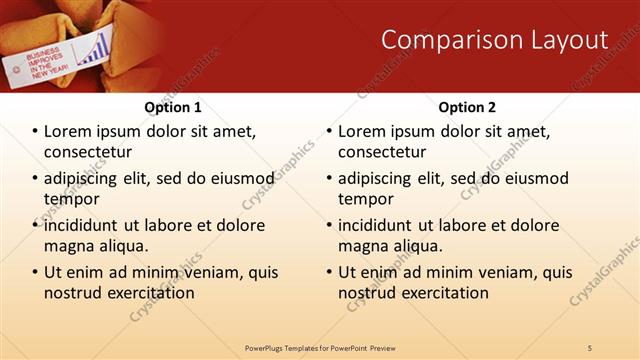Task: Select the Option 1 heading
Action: (x=173, y=107)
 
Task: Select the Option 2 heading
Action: (x=467, y=107)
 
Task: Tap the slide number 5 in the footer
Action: (x=589, y=347)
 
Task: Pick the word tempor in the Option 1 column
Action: (x=68, y=198)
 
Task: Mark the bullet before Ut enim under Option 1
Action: (x=35, y=272)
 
